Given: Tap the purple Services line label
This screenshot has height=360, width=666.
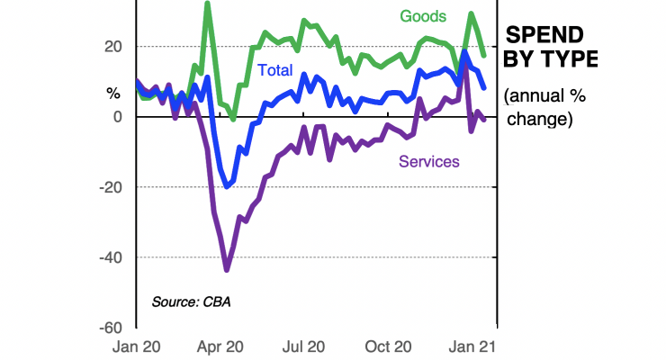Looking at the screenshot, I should click(429, 161).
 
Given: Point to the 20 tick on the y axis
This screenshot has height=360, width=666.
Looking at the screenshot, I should click(113, 46).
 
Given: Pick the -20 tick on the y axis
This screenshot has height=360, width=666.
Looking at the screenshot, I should click(110, 187).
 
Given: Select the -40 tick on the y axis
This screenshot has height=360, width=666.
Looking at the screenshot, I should click(110, 257).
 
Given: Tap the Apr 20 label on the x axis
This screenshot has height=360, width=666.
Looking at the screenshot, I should click(220, 346).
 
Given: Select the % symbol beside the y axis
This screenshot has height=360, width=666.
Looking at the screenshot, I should click(113, 93).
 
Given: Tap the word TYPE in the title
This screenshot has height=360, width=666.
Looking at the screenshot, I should click(570, 59).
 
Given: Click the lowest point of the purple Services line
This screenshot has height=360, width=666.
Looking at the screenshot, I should click(227, 269).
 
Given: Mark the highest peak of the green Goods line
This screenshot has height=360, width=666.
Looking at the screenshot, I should click(208, 4).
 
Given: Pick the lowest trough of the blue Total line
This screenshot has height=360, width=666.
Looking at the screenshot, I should click(228, 186).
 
